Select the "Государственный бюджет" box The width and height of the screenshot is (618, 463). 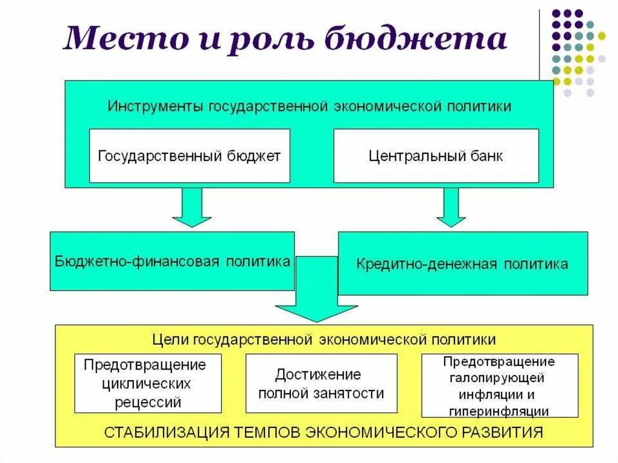[189, 156]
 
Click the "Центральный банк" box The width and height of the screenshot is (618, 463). [436, 156]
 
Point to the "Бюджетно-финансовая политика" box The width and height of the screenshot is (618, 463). [172, 261]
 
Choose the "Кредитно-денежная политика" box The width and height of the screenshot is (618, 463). [462, 264]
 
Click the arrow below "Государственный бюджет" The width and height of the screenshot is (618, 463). [191, 207]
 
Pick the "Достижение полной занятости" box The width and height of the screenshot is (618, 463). [321, 383]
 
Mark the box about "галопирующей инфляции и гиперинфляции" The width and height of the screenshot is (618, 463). [499, 385]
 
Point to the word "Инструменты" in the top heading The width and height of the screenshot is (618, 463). [156, 106]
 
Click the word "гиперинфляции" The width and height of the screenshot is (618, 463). [499, 411]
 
